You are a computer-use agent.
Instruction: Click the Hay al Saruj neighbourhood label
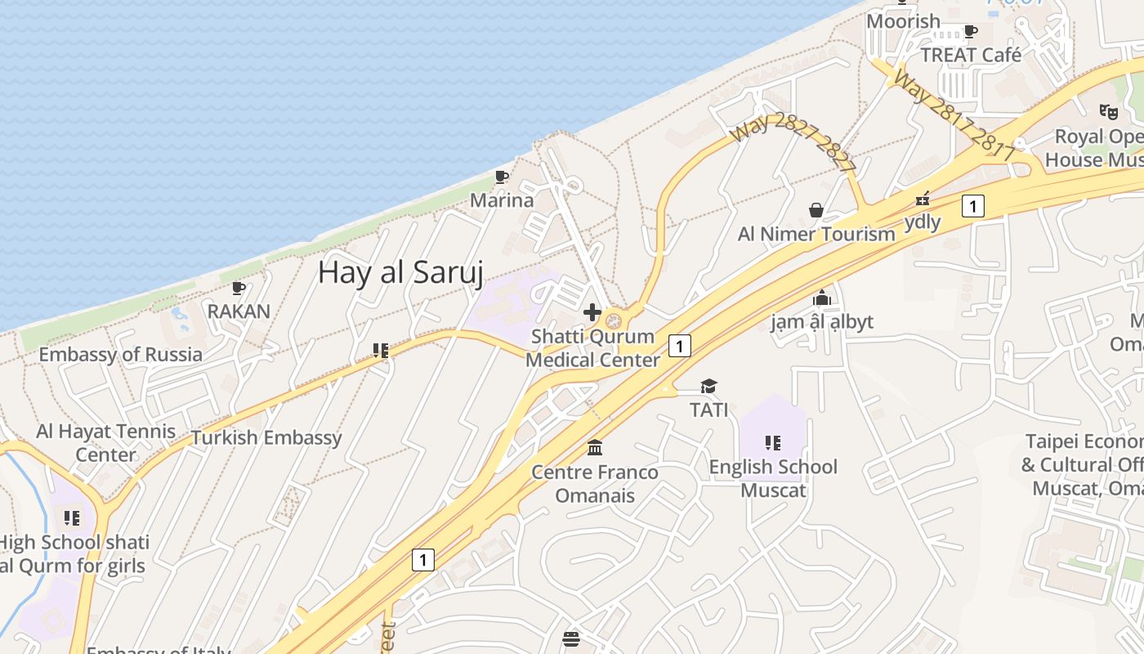click(x=400, y=272)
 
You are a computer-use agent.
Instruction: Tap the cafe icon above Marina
click(x=502, y=177)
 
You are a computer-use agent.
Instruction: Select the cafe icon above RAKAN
click(x=239, y=288)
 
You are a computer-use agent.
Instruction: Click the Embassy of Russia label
click(x=121, y=355)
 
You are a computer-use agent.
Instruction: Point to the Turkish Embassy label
click(x=266, y=437)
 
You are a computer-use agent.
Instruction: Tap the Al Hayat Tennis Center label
click(x=105, y=442)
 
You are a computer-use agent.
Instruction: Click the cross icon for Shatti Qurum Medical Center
click(x=592, y=312)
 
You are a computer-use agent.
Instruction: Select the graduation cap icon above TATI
click(x=708, y=386)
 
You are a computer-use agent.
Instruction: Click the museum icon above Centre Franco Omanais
click(x=595, y=448)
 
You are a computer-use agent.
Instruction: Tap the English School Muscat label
click(x=773, y=478)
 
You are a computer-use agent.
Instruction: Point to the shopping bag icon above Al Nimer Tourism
click(x=816, y=210)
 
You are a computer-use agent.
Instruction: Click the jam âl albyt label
click(x=822, y=322)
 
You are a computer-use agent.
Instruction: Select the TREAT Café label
click(x=971, y=55)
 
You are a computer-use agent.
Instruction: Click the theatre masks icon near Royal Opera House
click(x=1108, y=110)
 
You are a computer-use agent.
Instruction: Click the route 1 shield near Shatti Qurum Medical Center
click(x=679, y=346)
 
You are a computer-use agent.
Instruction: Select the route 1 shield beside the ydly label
click(x=972, y=206)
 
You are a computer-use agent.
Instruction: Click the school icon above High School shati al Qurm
click(x=72, y=517)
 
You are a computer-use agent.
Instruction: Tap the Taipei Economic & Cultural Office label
click(x=1084, y=465)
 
